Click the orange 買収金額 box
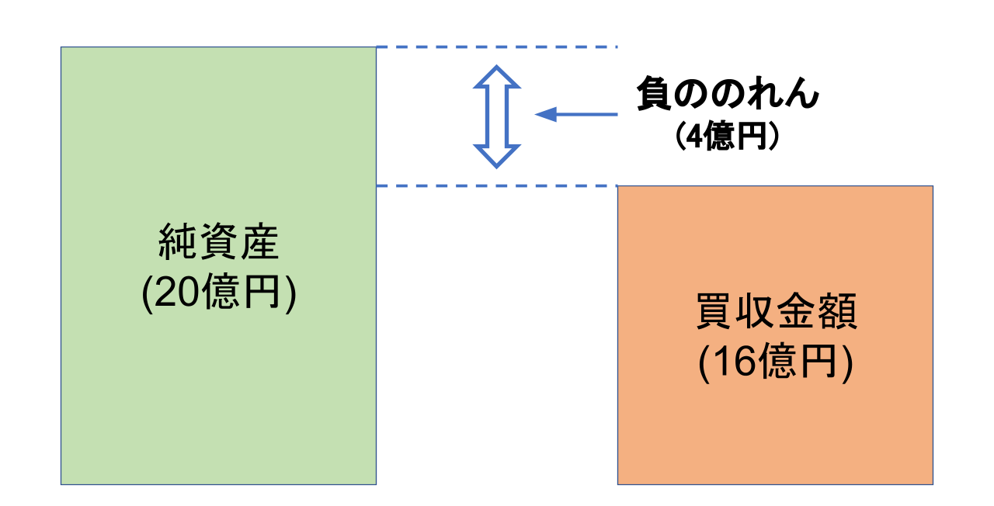[775, 427]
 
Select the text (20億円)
[218, 294]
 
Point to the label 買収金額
[775, 314]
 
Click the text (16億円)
[775, 363]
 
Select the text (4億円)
[727, 137]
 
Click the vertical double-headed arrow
[496, 116]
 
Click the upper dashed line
[496, 47]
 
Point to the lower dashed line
[496, 186]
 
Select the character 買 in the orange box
[714, 314]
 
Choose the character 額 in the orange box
[836, 314]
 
